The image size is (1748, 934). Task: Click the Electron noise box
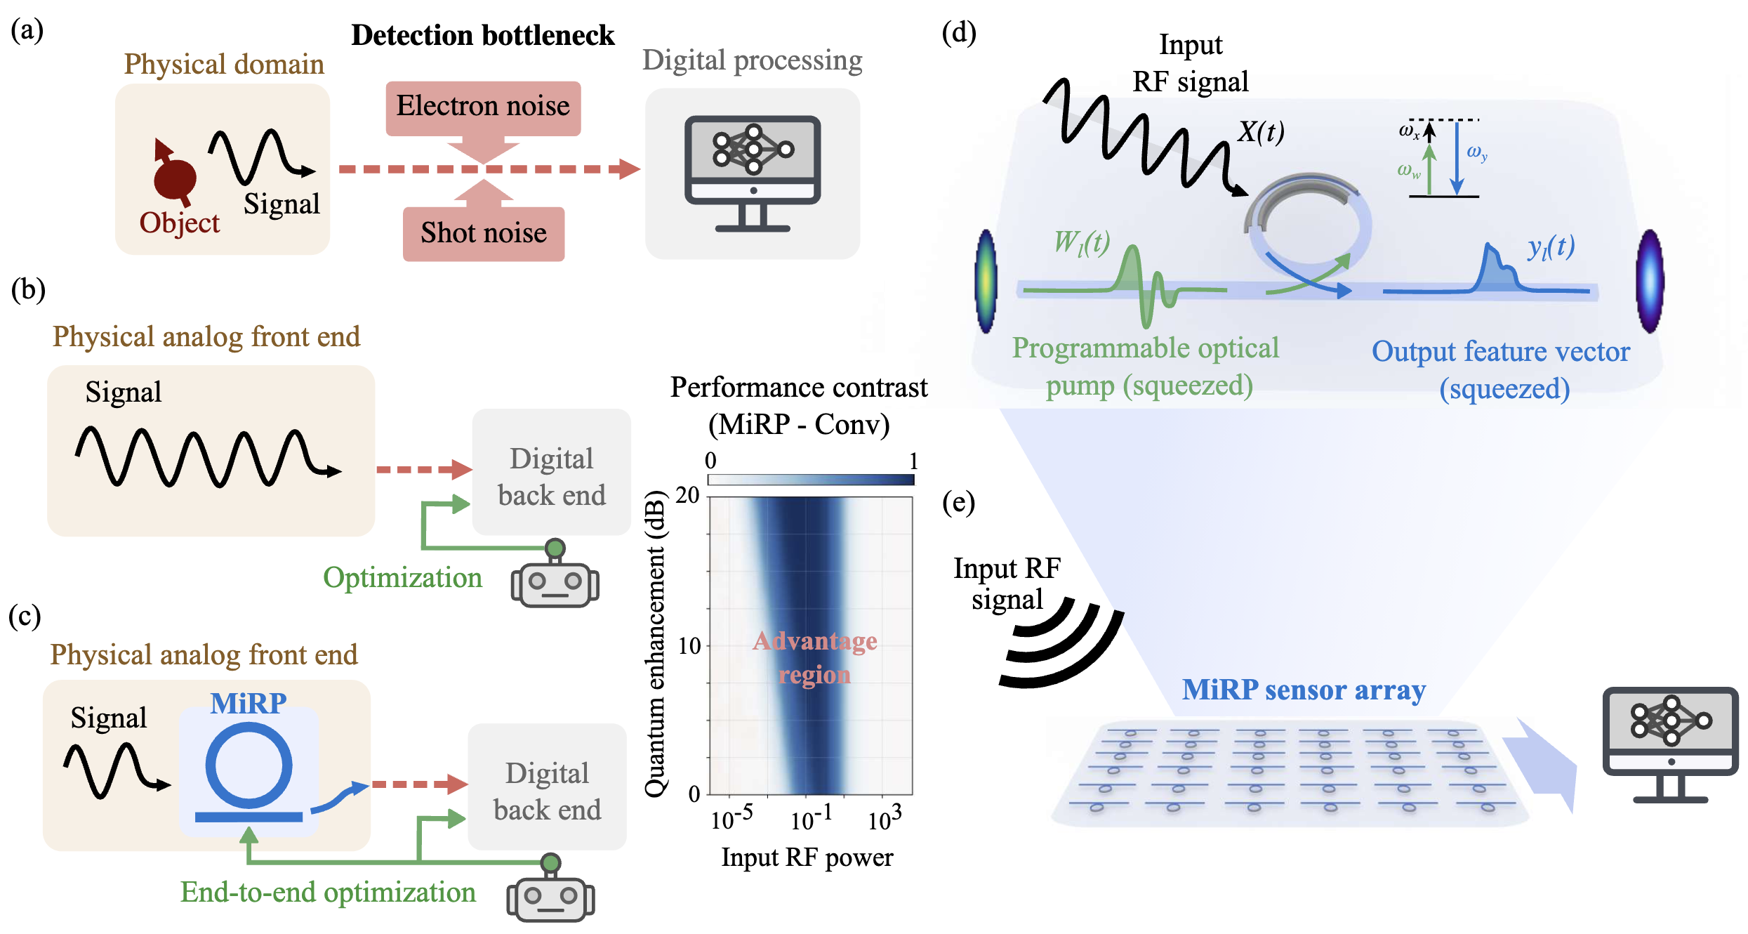(x=483, y=107)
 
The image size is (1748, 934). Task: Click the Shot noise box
(x=483, y=233)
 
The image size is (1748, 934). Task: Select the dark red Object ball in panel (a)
(x=175, y=178)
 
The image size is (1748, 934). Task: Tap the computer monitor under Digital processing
(x=753, y=172)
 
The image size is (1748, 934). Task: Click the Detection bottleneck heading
(x=483, y=35)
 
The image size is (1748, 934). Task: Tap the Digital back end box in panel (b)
(x=551, y=476)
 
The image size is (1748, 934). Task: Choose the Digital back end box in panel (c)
(x=547, y=791)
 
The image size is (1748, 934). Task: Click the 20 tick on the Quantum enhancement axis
(x=688, y=496)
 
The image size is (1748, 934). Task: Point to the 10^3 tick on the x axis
(x=884, y=819)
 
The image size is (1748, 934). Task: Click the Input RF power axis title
(x=807, y=857)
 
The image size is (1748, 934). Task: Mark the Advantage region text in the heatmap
(x=814, y=657)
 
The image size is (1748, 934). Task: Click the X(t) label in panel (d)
(x=1261, y=132)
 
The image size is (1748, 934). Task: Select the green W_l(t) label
(x=1082, y=242)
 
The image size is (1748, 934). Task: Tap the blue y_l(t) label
(x=1551, y=246)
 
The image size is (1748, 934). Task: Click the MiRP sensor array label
(x=1304, y=690)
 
